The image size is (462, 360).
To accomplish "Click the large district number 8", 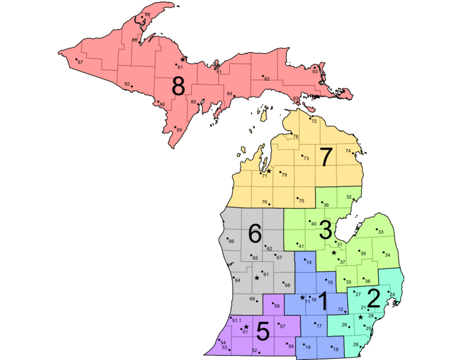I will coord(178,87).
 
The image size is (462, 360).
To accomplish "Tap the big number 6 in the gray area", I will coord(255,233).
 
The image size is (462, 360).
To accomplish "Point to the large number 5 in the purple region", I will coord(263,332).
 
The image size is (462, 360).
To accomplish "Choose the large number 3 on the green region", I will coord(326,230).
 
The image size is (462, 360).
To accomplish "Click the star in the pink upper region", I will coord(182,59).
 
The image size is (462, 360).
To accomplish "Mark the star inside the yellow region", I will coord(269,171).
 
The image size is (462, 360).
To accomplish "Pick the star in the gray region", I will coord(257,278).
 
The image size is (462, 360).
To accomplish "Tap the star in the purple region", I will coord(247,327).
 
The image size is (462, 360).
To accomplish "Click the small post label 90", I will coord(147,14).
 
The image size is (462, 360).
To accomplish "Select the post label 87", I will coord(80,62).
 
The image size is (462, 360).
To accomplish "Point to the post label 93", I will coord(315,72).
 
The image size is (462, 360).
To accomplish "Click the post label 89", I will coord(179,130).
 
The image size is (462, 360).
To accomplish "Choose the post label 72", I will coord(314,122).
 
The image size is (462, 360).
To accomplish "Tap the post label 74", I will coord(348,151).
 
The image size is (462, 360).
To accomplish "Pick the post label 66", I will coord(231,241).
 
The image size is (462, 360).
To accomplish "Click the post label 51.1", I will coord(237,320).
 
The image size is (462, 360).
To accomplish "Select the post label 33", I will coord(381,232).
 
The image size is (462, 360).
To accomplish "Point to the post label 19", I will coord(308,347).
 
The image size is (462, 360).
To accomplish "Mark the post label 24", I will coord(393,295).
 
